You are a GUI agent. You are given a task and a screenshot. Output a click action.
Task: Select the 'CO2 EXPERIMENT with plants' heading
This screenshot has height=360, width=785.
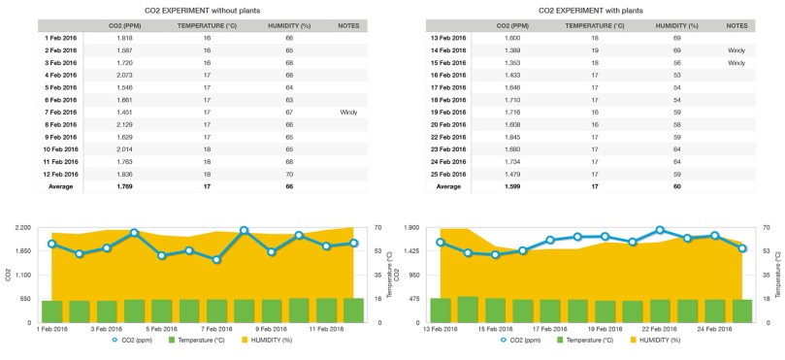point(594,9)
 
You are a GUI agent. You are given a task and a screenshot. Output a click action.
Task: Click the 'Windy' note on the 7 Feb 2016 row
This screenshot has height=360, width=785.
point(348,113)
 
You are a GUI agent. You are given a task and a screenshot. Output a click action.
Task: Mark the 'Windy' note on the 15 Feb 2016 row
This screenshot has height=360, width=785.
point(736,62)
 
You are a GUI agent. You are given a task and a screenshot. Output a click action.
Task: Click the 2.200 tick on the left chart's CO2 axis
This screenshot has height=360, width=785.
point(24,227)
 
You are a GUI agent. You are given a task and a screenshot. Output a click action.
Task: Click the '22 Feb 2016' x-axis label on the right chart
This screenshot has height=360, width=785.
point(660,329)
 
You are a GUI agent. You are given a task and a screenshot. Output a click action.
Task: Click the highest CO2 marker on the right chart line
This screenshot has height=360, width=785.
point(660,231)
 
